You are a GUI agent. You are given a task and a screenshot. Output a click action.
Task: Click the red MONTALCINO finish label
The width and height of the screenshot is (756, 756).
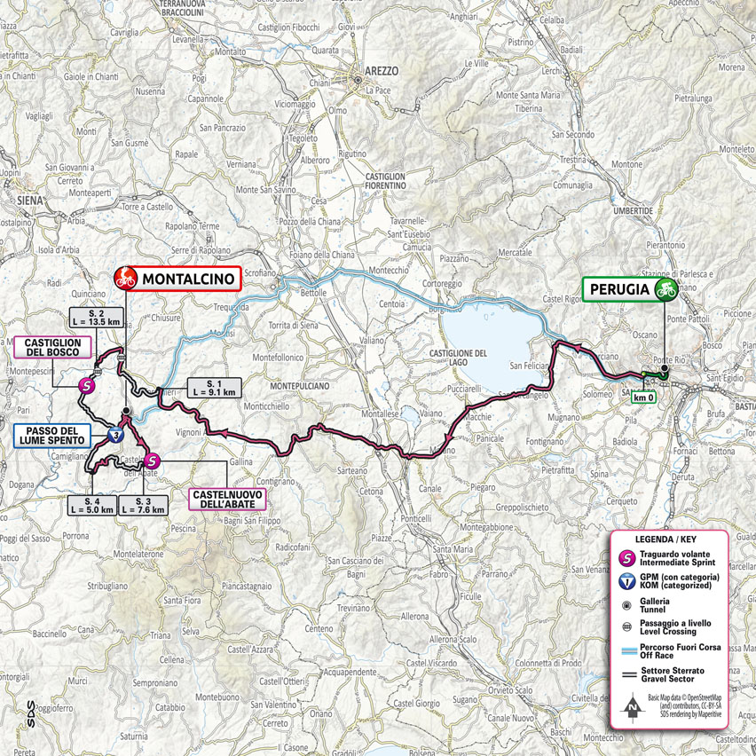click(x=188, y=279)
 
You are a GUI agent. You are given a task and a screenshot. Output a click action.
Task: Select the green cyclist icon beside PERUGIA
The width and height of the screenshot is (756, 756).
click(x=665, y=289)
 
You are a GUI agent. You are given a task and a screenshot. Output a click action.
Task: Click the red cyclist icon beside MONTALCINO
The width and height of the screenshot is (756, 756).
click(x=125, y=279)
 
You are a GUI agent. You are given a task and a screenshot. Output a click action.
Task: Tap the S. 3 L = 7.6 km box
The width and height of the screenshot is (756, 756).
click(x=145, y=505)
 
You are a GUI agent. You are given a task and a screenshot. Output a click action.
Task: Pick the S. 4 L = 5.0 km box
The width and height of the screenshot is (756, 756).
click(x=91, y=505)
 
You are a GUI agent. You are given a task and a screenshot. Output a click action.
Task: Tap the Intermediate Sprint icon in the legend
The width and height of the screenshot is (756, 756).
click(x=627, y=559)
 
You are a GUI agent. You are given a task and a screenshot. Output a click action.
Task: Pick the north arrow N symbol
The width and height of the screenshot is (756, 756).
click(x=633, y=708)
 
